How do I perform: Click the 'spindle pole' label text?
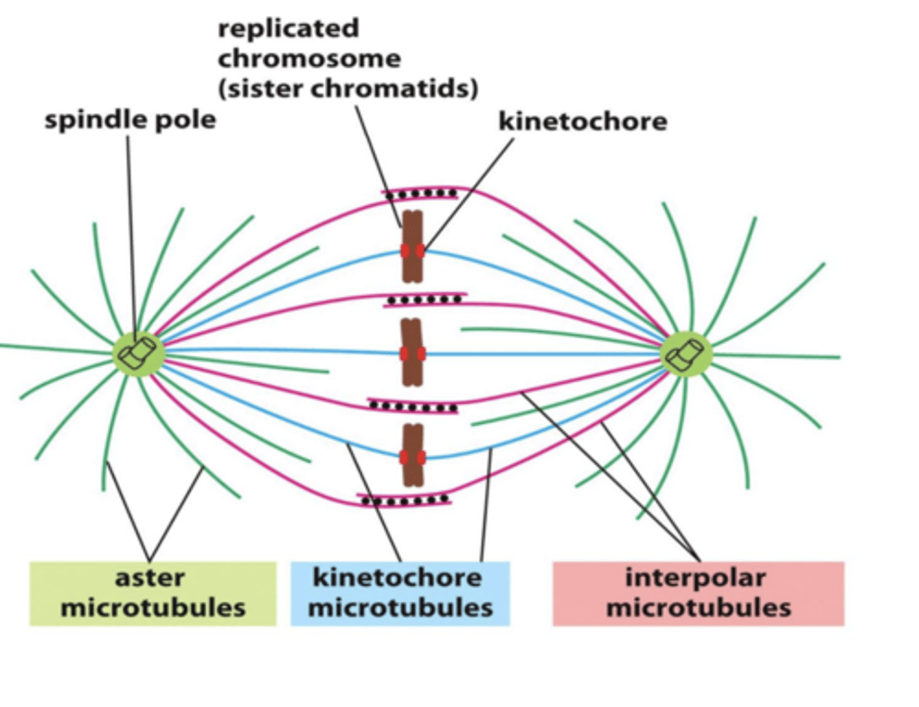tap(130, 120)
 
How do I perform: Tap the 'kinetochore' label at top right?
tap(582, 121)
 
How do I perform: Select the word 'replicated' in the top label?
tap(288, 29)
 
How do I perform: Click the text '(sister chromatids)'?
tap(348, 89)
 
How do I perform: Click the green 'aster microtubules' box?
tap(153, 593)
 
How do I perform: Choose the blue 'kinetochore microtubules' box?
tap(400, 593)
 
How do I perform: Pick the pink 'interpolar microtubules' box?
tap(698, 593)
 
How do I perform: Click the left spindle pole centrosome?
tap(138, 353)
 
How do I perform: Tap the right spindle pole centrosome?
tap(685, 353)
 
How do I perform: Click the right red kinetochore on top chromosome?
tap(420, 251)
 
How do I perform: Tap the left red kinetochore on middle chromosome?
tap(405, 353)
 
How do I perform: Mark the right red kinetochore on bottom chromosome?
tap(421, 457)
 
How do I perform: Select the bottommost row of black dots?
tap(404, 501)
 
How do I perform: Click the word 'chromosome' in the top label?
tap(310, 59)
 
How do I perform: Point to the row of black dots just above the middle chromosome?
tap(424, 299)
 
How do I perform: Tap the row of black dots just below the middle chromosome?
tap(414, 406)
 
